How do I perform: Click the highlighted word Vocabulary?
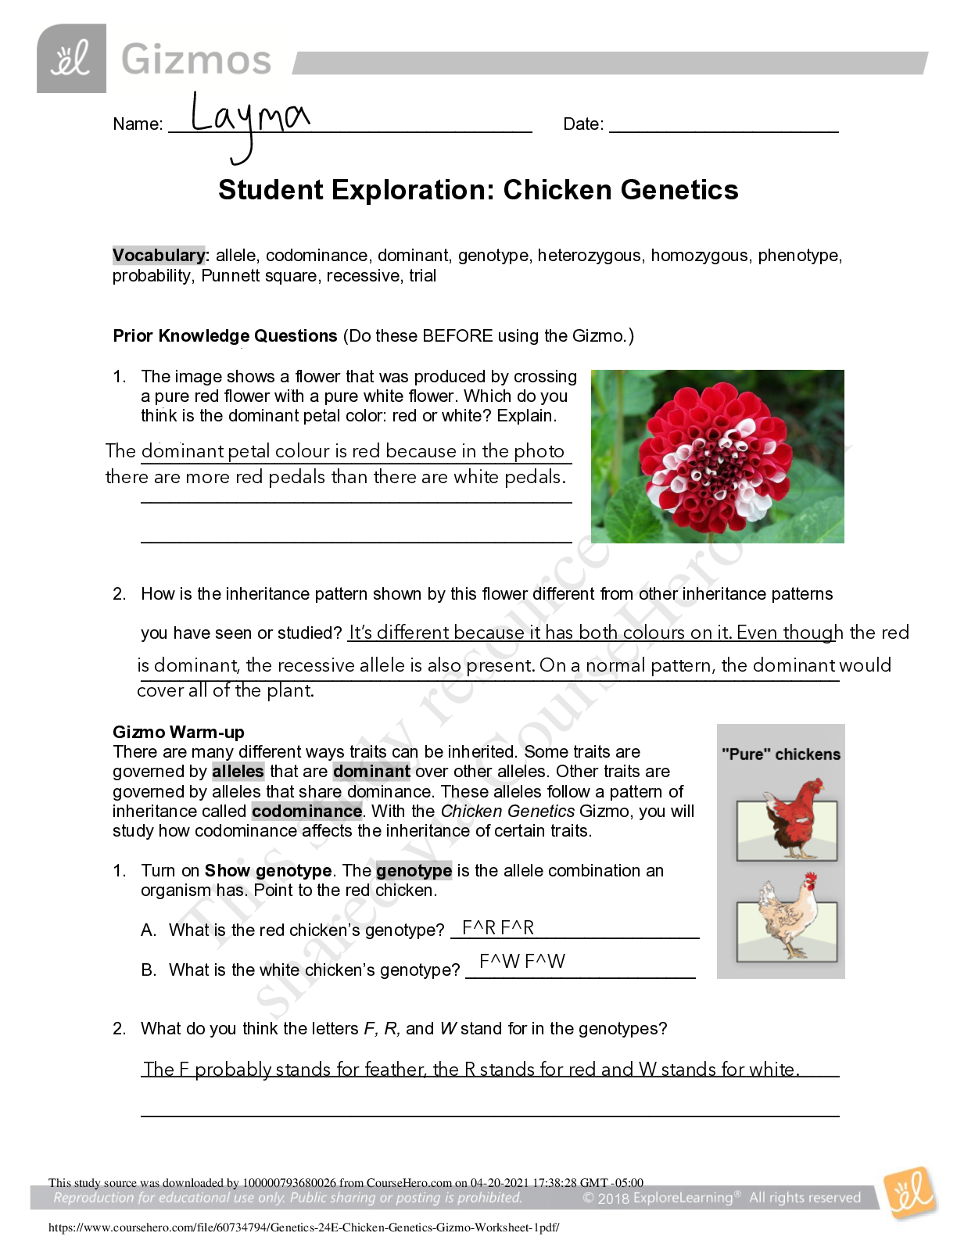point(159,256)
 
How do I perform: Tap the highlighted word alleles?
point(238,772)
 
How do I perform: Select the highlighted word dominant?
point(371,772)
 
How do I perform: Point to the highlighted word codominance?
point(306,812)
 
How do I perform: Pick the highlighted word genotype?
point(414,871)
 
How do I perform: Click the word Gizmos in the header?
point(196,60)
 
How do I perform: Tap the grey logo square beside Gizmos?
point(71,59)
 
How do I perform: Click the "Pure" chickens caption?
point(781,754)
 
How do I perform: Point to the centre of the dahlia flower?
point(718,458)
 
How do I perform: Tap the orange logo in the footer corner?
point(909,1194)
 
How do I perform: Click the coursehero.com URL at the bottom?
point(303,1227)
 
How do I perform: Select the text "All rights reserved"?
point(805,1198)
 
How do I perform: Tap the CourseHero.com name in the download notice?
point(409,1183)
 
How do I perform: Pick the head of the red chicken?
point(814,788)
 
